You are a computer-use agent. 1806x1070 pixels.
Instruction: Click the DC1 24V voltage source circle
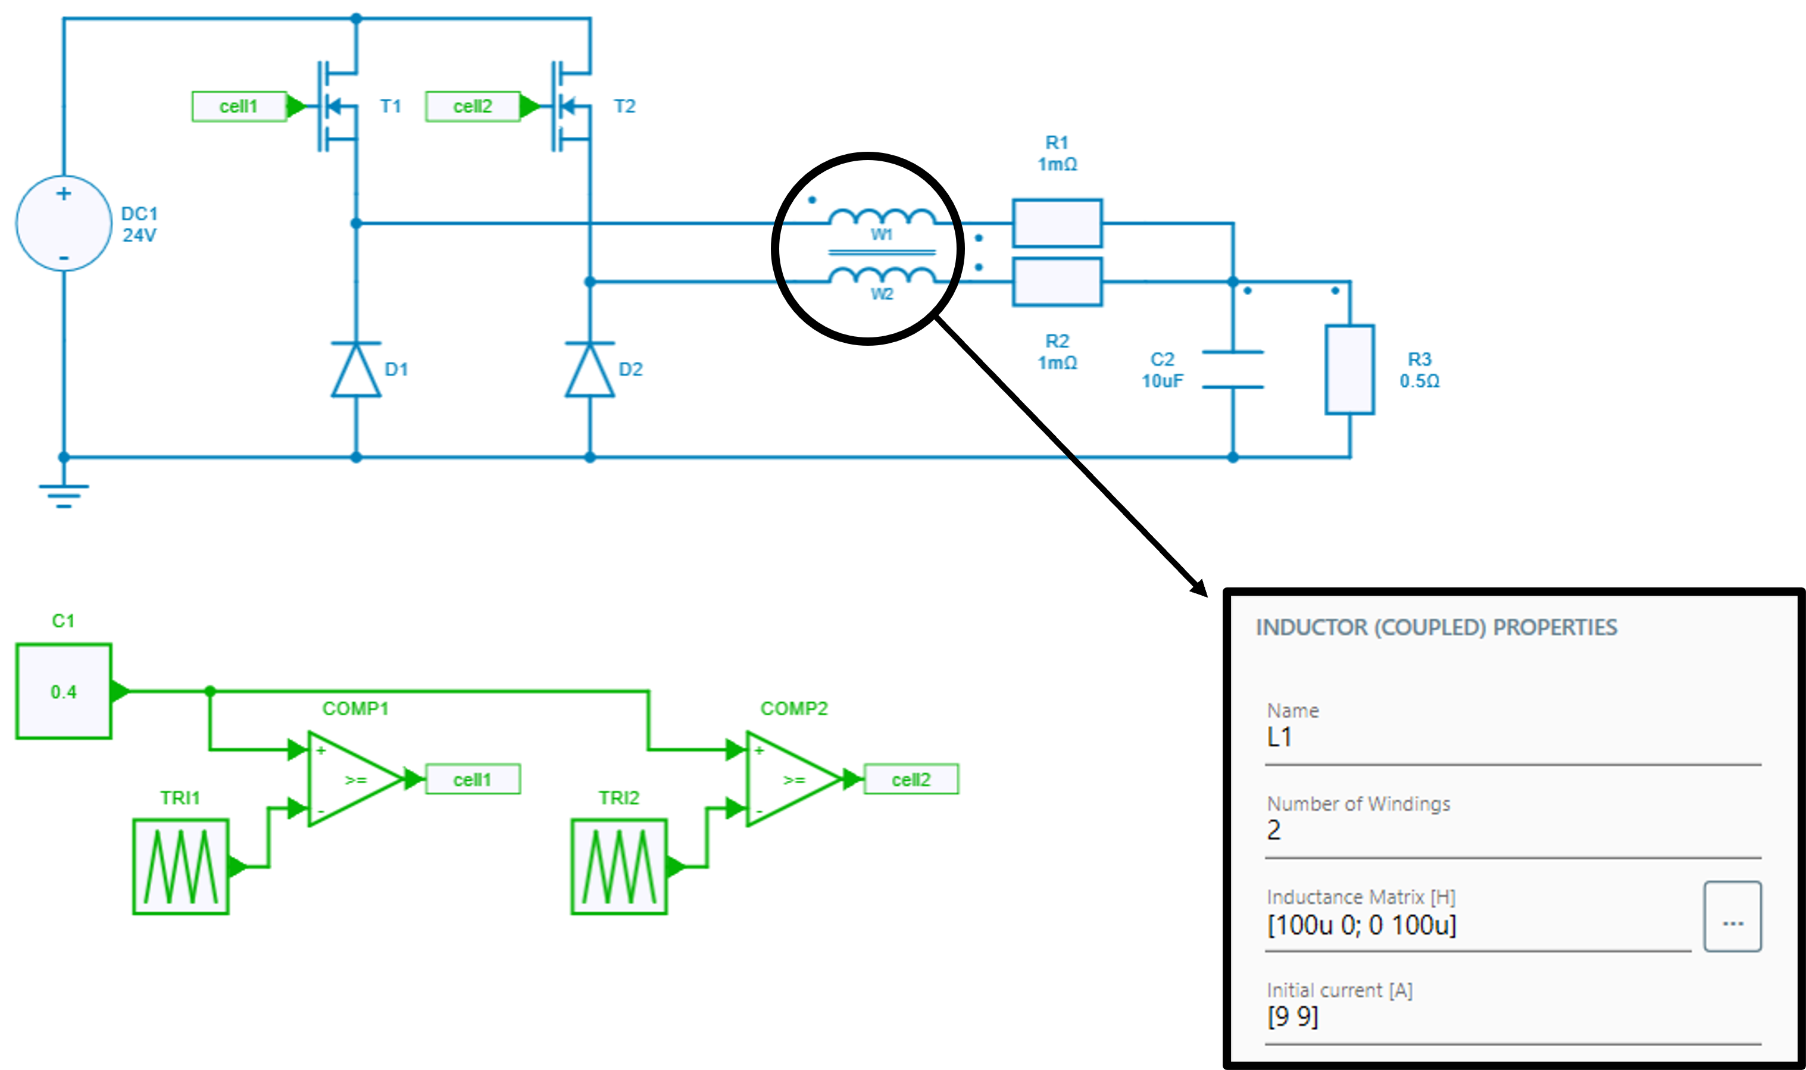[x=64, y=224]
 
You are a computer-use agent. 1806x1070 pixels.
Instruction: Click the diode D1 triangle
[x=355, y=371]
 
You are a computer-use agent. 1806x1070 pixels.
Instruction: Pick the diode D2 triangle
[x=589, y=371]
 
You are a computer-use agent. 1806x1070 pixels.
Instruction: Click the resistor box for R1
[x=1057, y=224]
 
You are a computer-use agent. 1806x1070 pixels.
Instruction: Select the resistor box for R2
[x=1057, y=282]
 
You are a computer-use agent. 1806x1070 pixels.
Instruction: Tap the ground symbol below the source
[x=64, y=493]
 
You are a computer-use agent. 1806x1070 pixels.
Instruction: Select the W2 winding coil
[x=882, y=276]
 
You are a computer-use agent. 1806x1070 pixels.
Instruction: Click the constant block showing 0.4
[x=64, y=692]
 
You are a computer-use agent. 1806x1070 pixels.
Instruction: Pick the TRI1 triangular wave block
[x=180, y=866]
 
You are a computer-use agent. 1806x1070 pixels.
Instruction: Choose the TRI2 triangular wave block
[x=619, y=866]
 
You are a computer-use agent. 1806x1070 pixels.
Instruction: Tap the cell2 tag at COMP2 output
[x=911, y=780]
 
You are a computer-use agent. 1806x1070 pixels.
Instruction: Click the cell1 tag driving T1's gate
[x=239, y=107]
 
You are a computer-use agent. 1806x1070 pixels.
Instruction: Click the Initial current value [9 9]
[x=1292, y=1016]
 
